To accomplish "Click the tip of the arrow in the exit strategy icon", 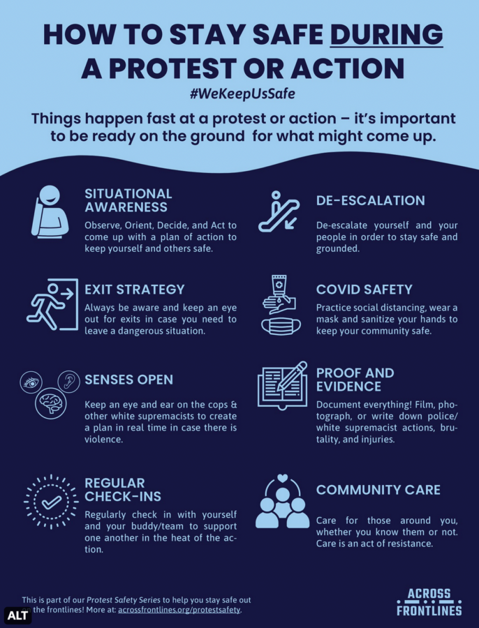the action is tap(74, 294).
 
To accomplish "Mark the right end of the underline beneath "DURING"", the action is tap(443, 47).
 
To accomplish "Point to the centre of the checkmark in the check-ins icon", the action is tap(52, 502).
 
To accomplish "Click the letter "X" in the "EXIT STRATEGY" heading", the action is tap(100, 290).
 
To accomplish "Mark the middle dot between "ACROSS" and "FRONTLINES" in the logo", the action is tap(429, 602).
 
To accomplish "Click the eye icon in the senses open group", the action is tap(31, 382).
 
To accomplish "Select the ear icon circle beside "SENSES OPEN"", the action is tap(68, 381).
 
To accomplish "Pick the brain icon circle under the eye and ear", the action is tap(50, 403).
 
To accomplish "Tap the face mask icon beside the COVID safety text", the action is tap(281, 327).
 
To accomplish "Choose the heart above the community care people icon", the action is tap(282, 478).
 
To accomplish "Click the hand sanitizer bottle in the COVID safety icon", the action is tap(279, 287).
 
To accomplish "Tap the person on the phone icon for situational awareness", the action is tap(50, 211).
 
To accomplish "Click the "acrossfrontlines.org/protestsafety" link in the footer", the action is tap(179, 610).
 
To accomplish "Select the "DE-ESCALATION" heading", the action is tap(370, 200).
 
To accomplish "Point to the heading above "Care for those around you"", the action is tap(378, 489).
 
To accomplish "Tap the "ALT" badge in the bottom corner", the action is tap(17, 615).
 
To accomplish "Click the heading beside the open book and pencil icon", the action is tap(355, 380).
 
